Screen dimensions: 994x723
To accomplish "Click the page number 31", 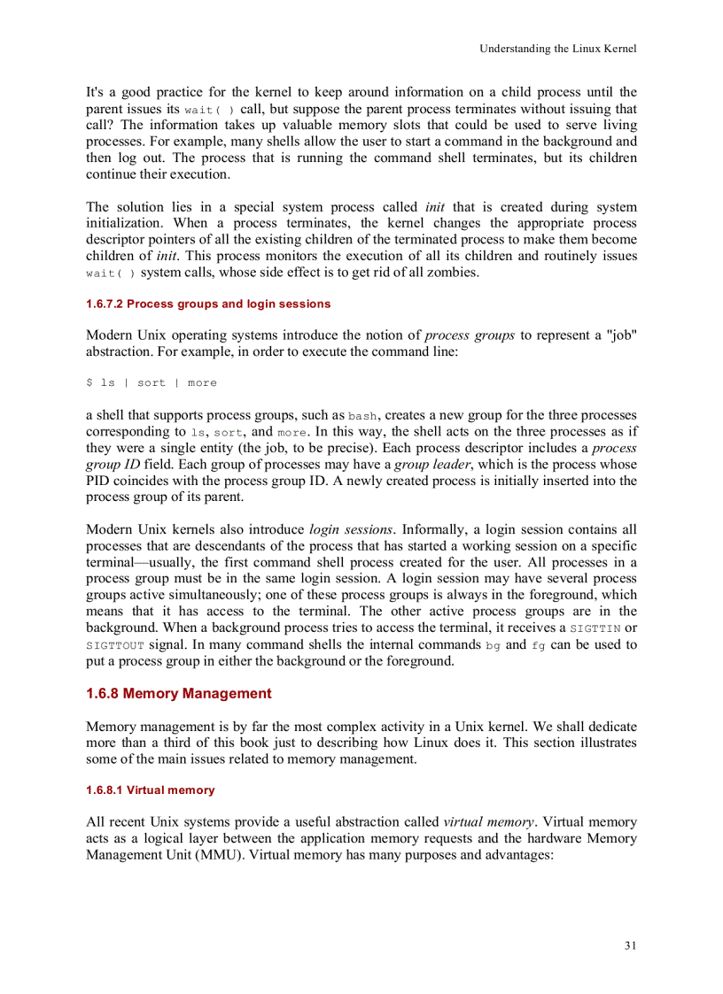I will pyautogui.click(x=630, y=945).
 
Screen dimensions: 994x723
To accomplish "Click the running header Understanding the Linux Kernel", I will pyautogui.click(x=558, y=49).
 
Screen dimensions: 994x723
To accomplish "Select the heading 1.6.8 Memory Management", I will pyautogui.click(x=179, y=693).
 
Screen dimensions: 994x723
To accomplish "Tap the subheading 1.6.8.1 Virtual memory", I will pyautogui.click(x=151, y=790).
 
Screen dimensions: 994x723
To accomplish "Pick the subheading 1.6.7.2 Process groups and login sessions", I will pyautogui.click(x=208, y=304).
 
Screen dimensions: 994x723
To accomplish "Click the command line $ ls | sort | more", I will pyautogui.click(x=152, y=382).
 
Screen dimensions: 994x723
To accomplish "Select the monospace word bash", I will pyautogui.click(x=364, y=415).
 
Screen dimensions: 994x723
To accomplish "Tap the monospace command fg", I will pyautogui.click(x=539, y=645).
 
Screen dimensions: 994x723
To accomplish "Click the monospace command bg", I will pyautogui.click(x=494, y=645).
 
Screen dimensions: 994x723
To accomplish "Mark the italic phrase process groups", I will pyautogui.click(x=470, y=335).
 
